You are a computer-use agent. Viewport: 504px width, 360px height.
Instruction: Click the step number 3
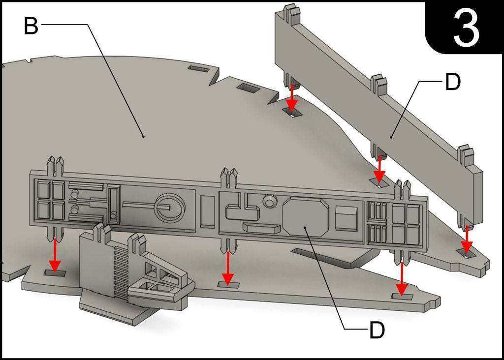pos(466,28)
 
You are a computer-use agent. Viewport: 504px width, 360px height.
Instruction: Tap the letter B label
pos(31,26)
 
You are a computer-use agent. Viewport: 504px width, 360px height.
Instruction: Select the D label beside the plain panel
pos(453,82)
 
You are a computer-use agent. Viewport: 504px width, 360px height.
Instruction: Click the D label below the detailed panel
pos(377,330)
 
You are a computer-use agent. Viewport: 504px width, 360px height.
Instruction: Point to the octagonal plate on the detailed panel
pos(306,217)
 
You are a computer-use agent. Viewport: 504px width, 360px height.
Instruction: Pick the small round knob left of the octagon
pos(270,201)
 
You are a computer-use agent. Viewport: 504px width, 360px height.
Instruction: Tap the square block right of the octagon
pos(346,218)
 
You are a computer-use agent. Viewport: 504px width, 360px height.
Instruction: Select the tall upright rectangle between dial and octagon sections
pos(207,211)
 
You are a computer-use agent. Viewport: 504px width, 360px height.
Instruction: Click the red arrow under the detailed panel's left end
pos(55,255)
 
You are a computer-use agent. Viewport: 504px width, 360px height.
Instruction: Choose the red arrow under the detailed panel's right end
pos(402,279)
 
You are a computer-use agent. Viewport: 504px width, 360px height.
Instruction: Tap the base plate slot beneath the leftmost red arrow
pos(55,273)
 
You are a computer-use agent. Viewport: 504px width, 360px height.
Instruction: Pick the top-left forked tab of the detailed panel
pos(55,166)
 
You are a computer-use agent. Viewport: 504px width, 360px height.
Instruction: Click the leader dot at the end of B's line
pos(144,136)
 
